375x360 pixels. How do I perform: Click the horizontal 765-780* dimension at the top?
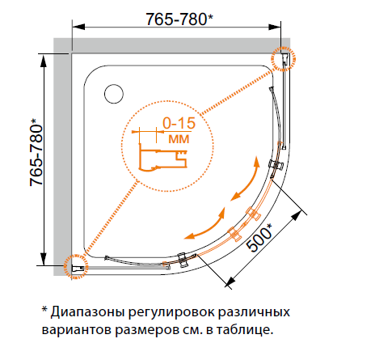[x=179, y=19]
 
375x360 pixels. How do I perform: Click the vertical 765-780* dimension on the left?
[x=36, y=152]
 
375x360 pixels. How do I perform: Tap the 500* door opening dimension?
[x=259, y=238]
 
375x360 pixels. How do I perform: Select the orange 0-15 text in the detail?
[x=179, y=123]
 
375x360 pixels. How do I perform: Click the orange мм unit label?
[x=179, y=139]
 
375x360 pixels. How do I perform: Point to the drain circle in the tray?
[x=114, y=94]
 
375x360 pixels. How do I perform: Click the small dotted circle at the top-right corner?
[x=283, y=58]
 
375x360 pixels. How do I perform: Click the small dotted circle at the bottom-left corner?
[x=76, y=266]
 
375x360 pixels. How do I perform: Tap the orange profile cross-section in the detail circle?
[x=162, y=157]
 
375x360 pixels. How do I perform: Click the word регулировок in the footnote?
[x=171, y=313]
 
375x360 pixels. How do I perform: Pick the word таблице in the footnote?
[x=245, y=329]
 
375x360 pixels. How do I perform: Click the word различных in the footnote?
[x=254, y=312]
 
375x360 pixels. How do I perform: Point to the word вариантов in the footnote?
[x=77, y=330]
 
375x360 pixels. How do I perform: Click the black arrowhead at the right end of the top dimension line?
[x=275, y=27]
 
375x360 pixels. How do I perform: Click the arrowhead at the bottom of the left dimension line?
[x=44, y=259]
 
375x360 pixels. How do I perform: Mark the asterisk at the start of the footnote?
[x=44, y=309]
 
